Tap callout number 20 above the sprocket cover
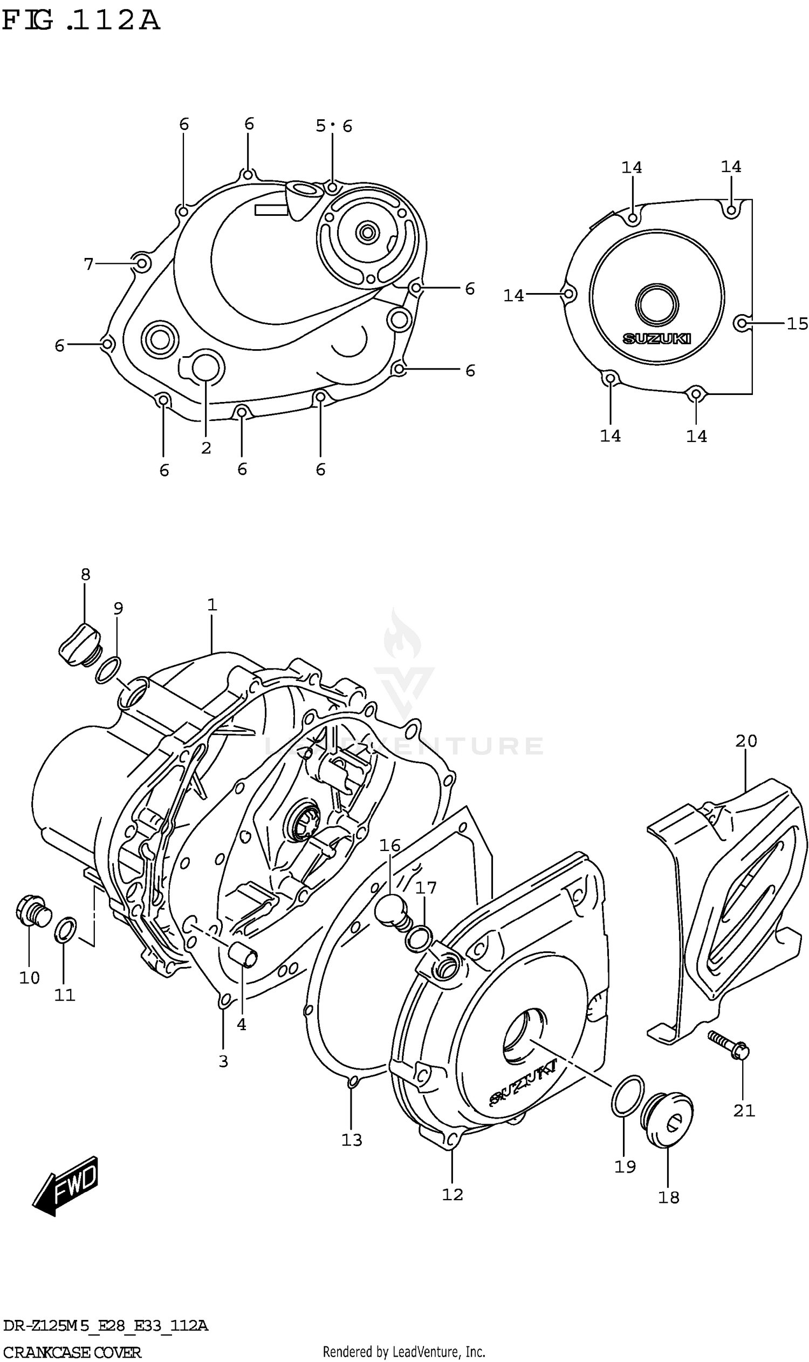(x=746, y=741)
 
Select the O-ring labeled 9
(x=108, y=670)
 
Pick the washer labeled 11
(x=65, y=929)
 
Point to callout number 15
(x=797, y=324)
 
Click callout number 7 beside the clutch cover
(x=89, y=264)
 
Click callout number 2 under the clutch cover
(x=205, y=448)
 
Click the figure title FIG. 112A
(x=81, y=20)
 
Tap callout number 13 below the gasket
(x=352, y=1140)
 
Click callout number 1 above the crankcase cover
(x=212, y=605)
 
